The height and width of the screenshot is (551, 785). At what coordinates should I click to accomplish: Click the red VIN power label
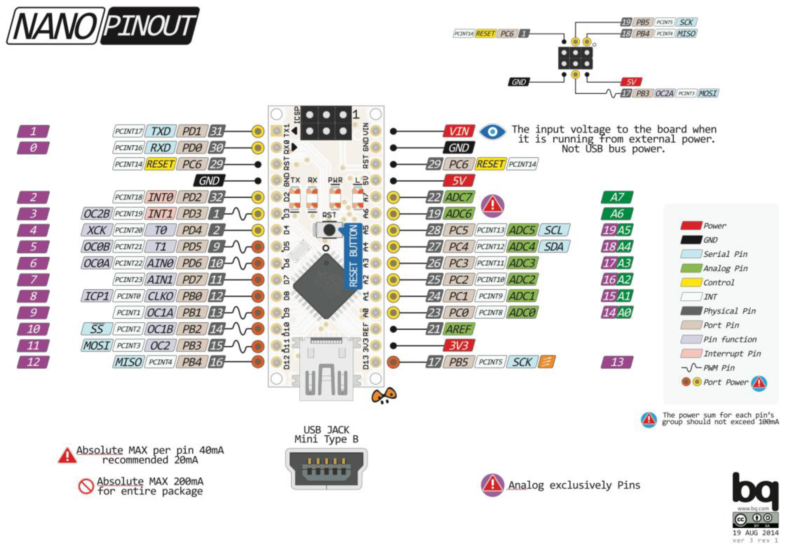coord(459,131)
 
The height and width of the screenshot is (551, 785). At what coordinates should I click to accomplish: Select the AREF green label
coord(458,329)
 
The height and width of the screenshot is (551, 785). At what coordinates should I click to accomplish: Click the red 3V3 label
coord(458,346)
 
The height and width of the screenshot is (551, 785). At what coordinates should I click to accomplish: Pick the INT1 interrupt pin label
coord(160,214)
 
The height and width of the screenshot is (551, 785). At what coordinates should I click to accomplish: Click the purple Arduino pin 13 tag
coord(617,362)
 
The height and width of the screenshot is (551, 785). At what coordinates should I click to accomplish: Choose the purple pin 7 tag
coord(33,279)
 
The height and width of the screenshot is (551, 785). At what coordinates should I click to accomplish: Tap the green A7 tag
coord(617,197)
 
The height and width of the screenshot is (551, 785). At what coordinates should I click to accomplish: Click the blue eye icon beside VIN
coord(492,132)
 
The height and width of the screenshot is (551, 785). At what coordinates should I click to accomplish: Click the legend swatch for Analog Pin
coord(691,268)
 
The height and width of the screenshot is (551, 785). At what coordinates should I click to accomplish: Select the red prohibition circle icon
coord(86,486)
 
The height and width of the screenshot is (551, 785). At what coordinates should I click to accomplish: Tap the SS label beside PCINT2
coord(96,329)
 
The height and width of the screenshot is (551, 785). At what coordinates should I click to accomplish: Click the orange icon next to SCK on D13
coord(546,362)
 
